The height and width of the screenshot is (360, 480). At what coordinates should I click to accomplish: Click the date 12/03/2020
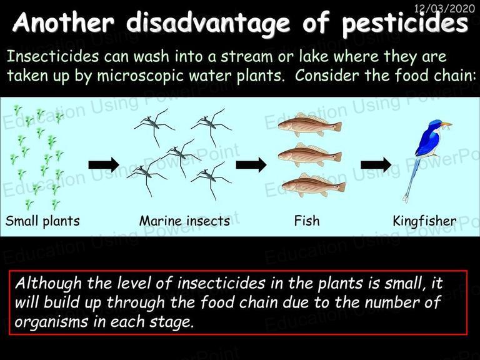point(444,8)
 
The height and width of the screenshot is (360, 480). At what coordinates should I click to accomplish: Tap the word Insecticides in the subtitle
point(52,57)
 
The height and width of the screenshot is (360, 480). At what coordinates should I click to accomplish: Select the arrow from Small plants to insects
point(104,165)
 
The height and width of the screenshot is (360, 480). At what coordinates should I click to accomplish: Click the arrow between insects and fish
point(251,165)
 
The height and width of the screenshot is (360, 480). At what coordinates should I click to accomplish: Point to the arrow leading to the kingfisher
point(376,165)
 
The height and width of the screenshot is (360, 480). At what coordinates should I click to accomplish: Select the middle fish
point(310,155)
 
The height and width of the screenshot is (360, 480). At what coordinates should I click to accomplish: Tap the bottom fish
point(314,185)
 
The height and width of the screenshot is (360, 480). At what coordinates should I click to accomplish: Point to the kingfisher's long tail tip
point(406,199)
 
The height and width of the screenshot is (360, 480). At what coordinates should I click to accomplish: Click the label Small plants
point(42,221)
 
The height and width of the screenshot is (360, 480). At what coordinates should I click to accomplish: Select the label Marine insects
point(184,221)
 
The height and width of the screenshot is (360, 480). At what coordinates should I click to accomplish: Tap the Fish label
point(307,221)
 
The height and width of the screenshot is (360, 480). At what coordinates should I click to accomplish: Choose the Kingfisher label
point(424,221)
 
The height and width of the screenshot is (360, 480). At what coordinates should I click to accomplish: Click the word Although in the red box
point(48,284)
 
